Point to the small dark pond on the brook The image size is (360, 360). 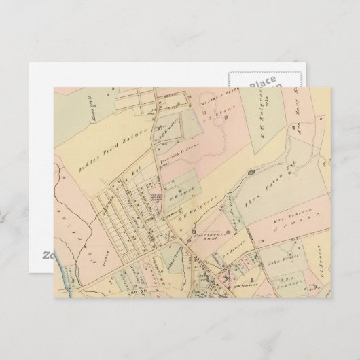click(251, 174)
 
